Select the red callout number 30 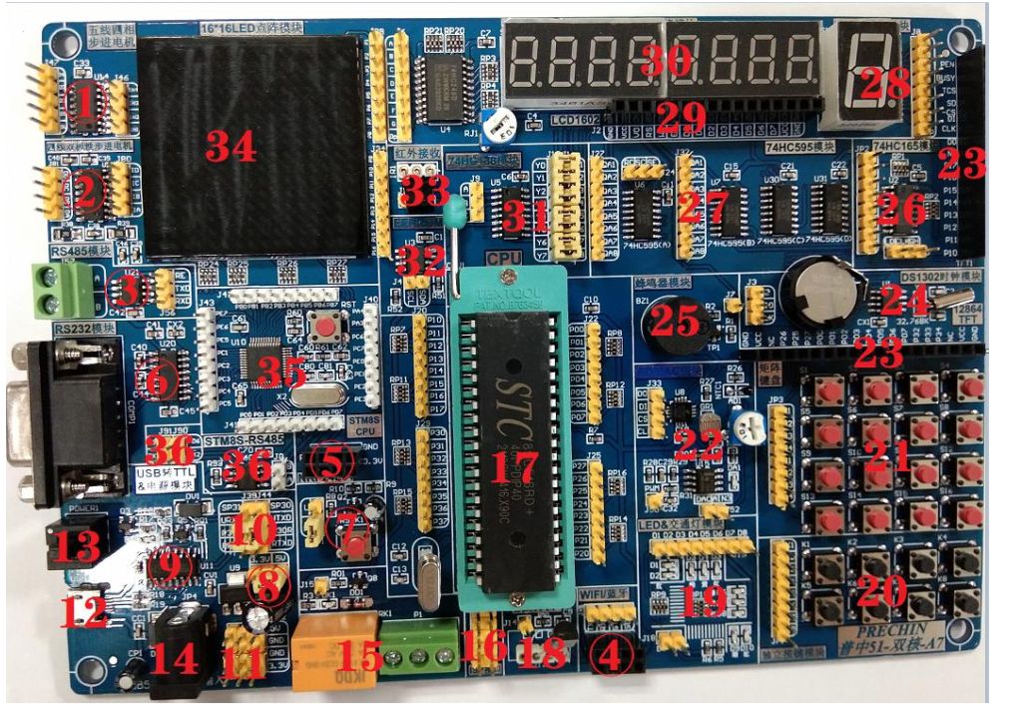[667, 60]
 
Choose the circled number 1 [84, 102]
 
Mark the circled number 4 [608, 656]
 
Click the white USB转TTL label [167, 478]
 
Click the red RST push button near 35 [323, 328]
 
